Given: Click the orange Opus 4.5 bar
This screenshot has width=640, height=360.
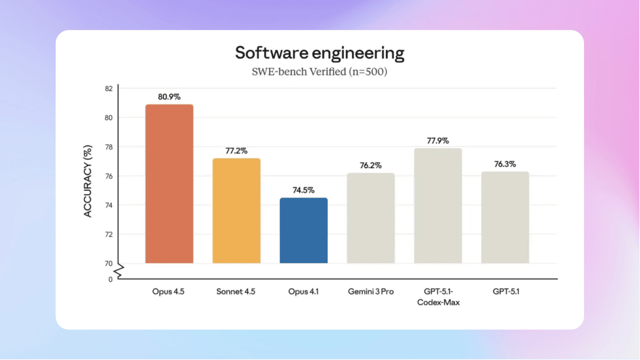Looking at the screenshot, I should point(169,184).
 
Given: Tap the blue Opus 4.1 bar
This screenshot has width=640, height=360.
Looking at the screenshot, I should point(303,230).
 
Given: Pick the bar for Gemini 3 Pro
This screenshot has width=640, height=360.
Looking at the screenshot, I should point(370,218).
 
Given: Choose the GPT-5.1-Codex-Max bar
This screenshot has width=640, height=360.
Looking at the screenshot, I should point(438,206).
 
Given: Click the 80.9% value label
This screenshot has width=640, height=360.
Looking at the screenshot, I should point(169,97).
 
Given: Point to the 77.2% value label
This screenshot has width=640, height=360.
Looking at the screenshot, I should point(236,150).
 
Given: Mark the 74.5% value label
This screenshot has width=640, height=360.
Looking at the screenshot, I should point(303,190).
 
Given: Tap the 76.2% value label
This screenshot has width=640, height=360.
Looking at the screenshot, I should point(370,165).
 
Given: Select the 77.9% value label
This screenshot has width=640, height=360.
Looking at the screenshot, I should point(438,140).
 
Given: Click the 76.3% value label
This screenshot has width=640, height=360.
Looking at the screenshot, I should point(505,164).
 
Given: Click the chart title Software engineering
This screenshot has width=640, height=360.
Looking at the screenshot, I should point(319,53).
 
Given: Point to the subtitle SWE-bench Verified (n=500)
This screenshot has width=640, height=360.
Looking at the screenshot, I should point(319,71).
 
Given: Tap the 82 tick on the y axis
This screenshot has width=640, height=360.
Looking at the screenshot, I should point(108,88).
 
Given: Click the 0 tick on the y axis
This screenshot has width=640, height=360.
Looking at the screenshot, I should point(110,279).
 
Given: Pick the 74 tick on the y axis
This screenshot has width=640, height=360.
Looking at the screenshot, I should point(108,205).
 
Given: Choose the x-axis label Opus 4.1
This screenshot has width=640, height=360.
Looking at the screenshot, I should point(303,291).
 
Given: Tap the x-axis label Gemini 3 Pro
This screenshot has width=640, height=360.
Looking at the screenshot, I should point(370,291).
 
